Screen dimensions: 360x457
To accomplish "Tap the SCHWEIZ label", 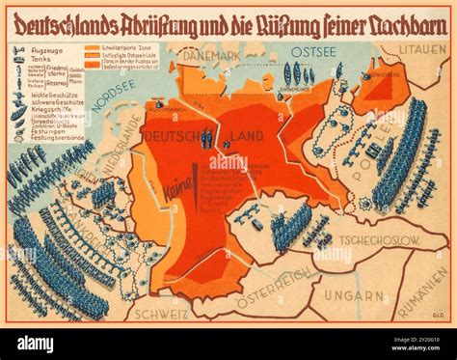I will [156, 312].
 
